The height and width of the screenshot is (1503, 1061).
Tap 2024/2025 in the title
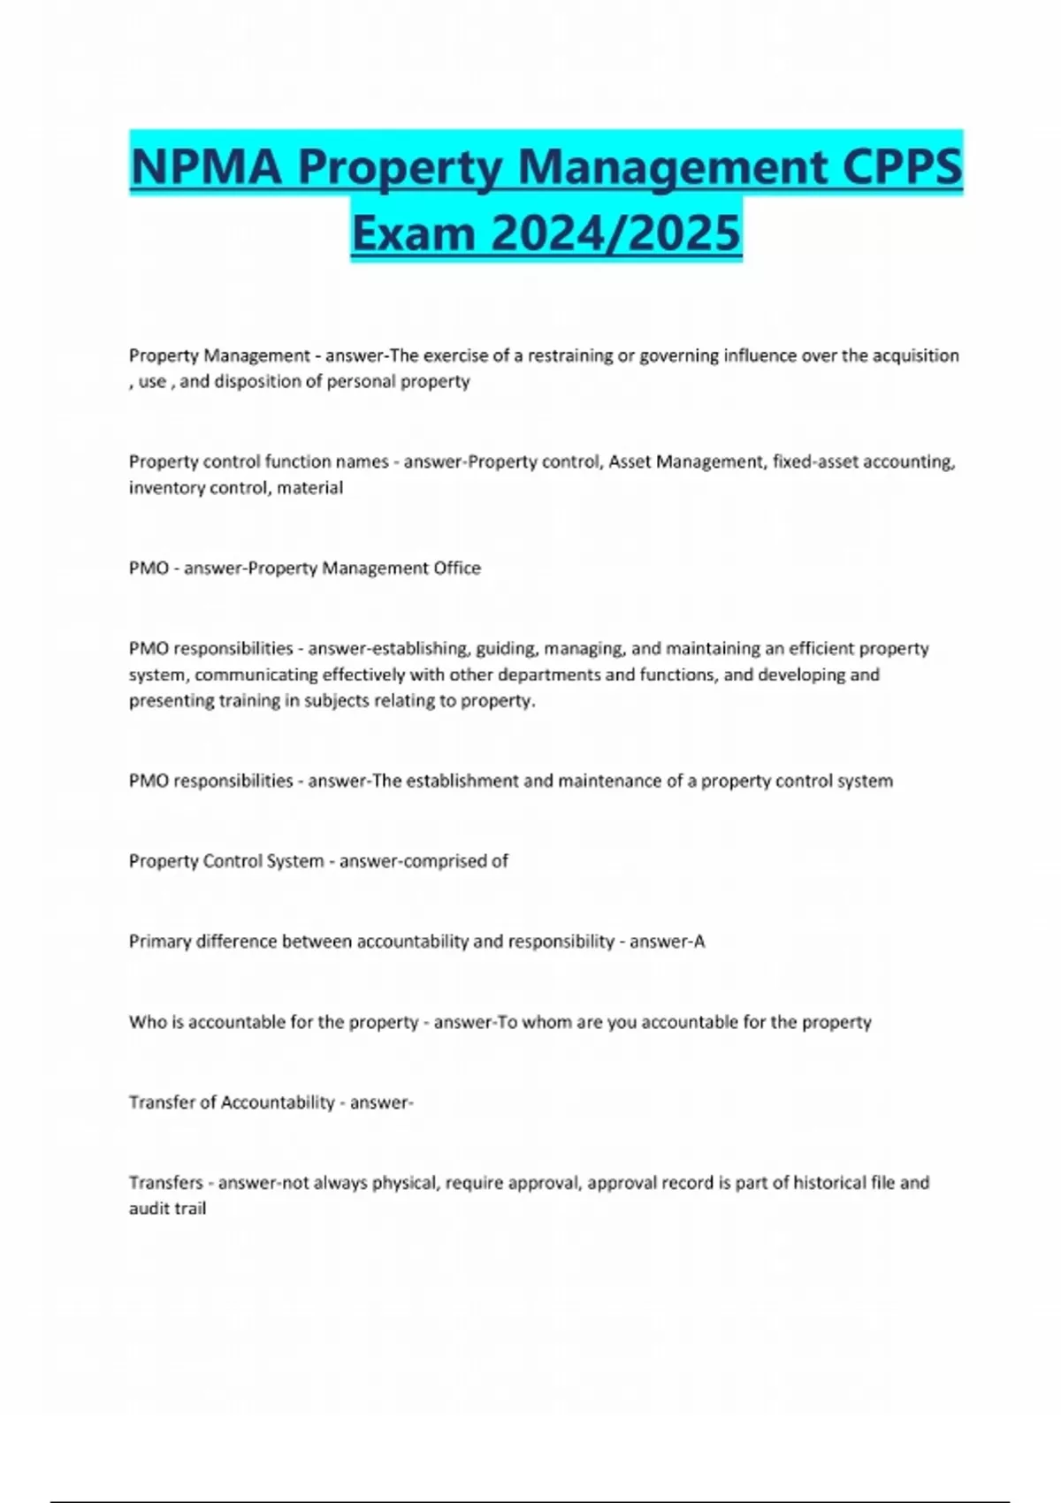coord(615,233)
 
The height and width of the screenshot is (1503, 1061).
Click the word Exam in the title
coord(414,233)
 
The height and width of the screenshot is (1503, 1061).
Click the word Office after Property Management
coord(456,568)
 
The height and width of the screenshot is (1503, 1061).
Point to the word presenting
coord(168,701)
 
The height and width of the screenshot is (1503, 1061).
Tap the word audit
coord(149,1209)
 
